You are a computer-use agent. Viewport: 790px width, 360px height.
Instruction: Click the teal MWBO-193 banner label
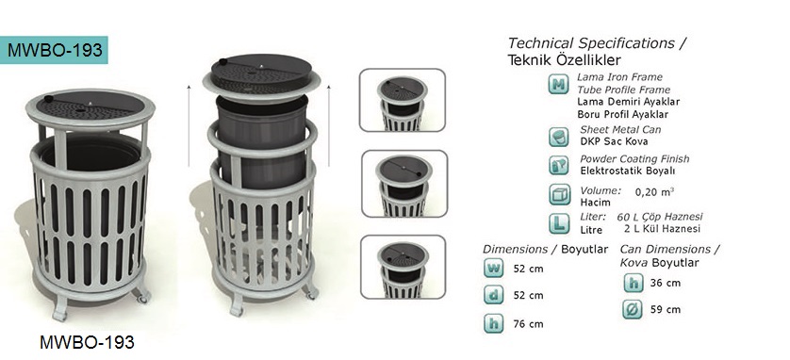[x=54, y=50]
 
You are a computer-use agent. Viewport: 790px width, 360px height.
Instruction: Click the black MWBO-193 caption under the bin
[x=87, y=342]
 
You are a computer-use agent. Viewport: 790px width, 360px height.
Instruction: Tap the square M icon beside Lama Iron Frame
[x=558, y=84]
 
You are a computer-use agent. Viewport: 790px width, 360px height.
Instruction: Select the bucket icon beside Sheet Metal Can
[x=558, y=137]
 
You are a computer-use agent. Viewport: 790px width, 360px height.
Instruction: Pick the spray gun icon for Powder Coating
[x=558, y=165]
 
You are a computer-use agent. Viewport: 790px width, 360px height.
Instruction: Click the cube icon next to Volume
[x=558, y=195]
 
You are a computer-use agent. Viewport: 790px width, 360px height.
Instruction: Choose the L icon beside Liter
[x=558, y=223]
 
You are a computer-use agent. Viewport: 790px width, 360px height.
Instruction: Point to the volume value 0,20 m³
[x=654, y=191]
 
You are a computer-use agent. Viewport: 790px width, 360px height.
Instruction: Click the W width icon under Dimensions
[x=494, y=268]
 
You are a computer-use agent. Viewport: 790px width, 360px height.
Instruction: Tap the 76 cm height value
[x=529, y=324]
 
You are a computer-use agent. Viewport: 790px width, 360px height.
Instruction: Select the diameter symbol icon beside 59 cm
[x=633, y=309]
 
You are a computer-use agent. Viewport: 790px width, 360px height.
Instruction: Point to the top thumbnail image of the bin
[x=402, y=100]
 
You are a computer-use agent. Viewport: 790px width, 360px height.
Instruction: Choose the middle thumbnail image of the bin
[x=404, y=184]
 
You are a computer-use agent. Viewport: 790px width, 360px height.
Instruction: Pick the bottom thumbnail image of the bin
[x=403, y=267]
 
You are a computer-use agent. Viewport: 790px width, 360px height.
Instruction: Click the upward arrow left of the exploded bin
[x=189, y=125]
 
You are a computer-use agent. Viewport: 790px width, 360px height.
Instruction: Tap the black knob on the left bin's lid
[x=48, y=98]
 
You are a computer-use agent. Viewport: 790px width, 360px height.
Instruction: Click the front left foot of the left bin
[x=60, y=309]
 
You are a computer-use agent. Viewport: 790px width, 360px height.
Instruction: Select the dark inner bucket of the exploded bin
[x=262, y=139]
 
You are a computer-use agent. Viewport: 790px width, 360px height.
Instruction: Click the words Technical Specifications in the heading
[x=591, y=43]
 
